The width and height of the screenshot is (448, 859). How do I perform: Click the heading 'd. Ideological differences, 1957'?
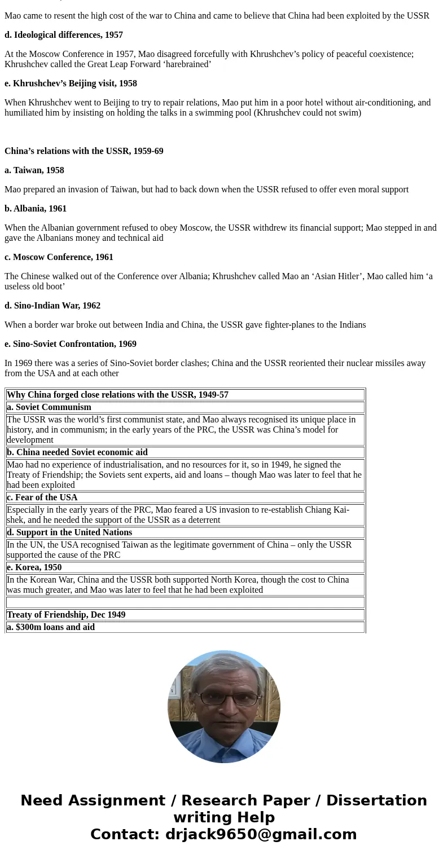[x=64, y=35]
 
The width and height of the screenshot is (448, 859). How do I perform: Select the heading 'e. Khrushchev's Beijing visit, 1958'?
[x=71, y=83]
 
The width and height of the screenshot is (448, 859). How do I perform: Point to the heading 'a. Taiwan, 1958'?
[x=34, y=170]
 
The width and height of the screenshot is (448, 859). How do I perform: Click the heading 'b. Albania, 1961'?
[x=36, y=209]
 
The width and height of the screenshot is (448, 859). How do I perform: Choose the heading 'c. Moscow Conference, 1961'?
[x=59, y=257]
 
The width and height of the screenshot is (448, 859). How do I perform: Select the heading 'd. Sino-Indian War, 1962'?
[x=52, y=306]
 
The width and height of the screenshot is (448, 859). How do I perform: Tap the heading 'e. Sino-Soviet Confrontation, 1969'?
[x=71, y=344]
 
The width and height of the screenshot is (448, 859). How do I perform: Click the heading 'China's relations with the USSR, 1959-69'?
[x=84, y=151]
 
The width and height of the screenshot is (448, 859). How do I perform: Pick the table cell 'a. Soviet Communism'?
[x=49, y=407]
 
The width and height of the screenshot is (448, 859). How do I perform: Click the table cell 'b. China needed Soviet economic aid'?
[x=77, y=452]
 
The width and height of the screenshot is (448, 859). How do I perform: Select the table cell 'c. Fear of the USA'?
[x=42, y=497]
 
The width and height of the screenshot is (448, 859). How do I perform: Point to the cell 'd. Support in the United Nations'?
[x=69, y=532]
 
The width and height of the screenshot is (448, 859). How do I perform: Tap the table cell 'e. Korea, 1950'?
[x=34, y=567]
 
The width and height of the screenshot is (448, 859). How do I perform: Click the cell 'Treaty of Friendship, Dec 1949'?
[x=66, y=615]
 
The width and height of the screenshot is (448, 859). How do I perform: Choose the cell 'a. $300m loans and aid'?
[x=51, y=627]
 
